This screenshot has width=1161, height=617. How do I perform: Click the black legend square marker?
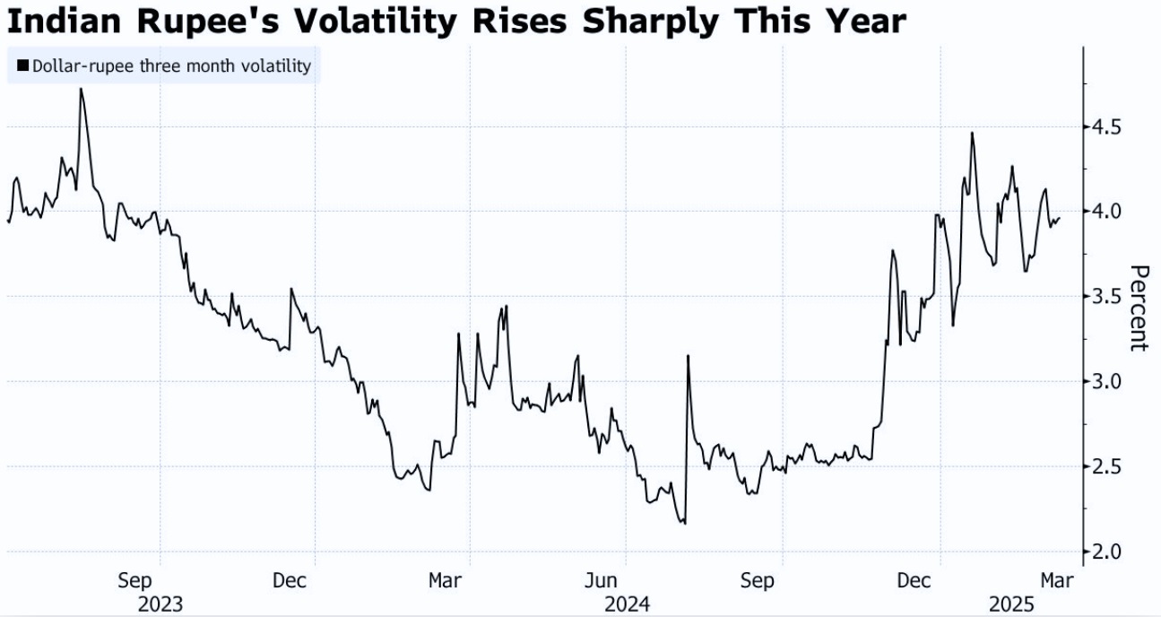(x=22, y=66)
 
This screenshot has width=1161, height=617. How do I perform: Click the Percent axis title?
(x=1138, y=308)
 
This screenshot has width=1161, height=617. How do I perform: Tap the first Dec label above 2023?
(x=290, y=580)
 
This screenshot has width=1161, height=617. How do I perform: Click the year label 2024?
(x=627, y=604)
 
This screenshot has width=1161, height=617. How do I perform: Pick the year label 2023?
(x=160, y=604)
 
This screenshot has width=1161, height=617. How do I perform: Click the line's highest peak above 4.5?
(x=82, y=89)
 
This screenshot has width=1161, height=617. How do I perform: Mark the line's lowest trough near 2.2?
(x=685, y=523)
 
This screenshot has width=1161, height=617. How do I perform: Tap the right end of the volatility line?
(x=1059, y=218)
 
